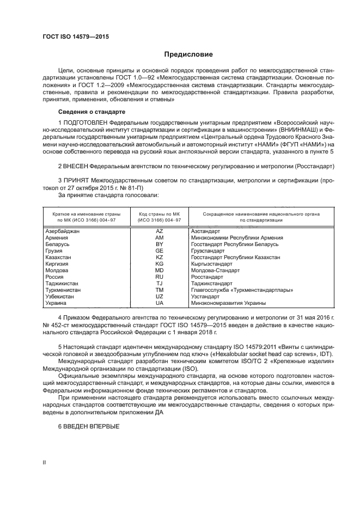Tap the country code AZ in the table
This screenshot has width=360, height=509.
(160, 231)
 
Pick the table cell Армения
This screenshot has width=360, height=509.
(57, 238)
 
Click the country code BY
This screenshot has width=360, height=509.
(160, 244)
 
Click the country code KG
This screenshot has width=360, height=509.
(160, 263)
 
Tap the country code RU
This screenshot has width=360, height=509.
(160, 276)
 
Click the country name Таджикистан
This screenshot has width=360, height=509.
(62, 283)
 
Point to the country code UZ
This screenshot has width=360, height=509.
(160, 296)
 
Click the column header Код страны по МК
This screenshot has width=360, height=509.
(159, 214)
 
